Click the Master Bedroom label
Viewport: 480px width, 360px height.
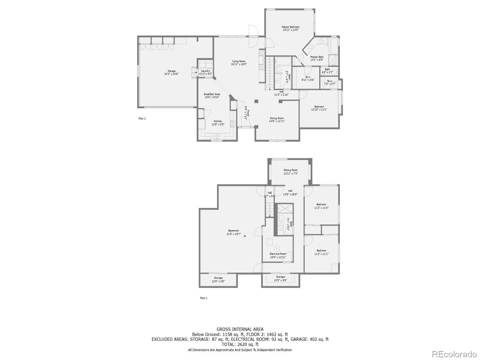pyautogui.click(x=290, y=27)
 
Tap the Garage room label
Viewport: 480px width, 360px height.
pyautogui.click(x=172, y=71)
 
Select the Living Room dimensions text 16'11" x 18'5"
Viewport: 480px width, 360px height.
pyautogui.click(x=239, y=64)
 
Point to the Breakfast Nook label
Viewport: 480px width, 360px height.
pyautogui.click(x=212, y=94)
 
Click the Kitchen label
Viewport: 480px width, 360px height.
pyautogui.click(x=218, y=121)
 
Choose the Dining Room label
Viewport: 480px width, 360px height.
pyautogui.click(x=277, y=118)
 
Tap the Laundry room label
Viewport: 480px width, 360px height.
pyautogui.click(x=205, y=71)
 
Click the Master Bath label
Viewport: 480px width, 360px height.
pyautogui.click(x=317, y=57)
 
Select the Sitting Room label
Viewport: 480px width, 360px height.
pyautogui.click(x=290, y=170)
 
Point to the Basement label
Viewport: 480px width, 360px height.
pyautogui.click(x=233, y=231)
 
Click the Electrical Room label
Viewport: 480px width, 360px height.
pyautogui.click(x=278, y=254)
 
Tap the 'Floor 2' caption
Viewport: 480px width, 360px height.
pyautogui.click(x=142, y=118)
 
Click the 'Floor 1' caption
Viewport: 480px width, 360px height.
pyautogui.click(x=204, y=298)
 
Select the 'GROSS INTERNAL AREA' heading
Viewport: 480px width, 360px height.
pyautogui.click(x=240, y=329)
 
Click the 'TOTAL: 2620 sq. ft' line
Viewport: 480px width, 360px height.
pyautogui.click(x=240, y=345)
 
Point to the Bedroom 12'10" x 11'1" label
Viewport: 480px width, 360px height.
pyautogui.click(x=319, y=106)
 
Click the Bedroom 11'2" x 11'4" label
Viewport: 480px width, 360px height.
pyautogui.click(x=321, y=205)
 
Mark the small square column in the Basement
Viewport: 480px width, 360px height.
pyautogui.click(x=245, y=236)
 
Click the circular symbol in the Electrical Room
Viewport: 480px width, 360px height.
pyautogui.click(x=277, y=247)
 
